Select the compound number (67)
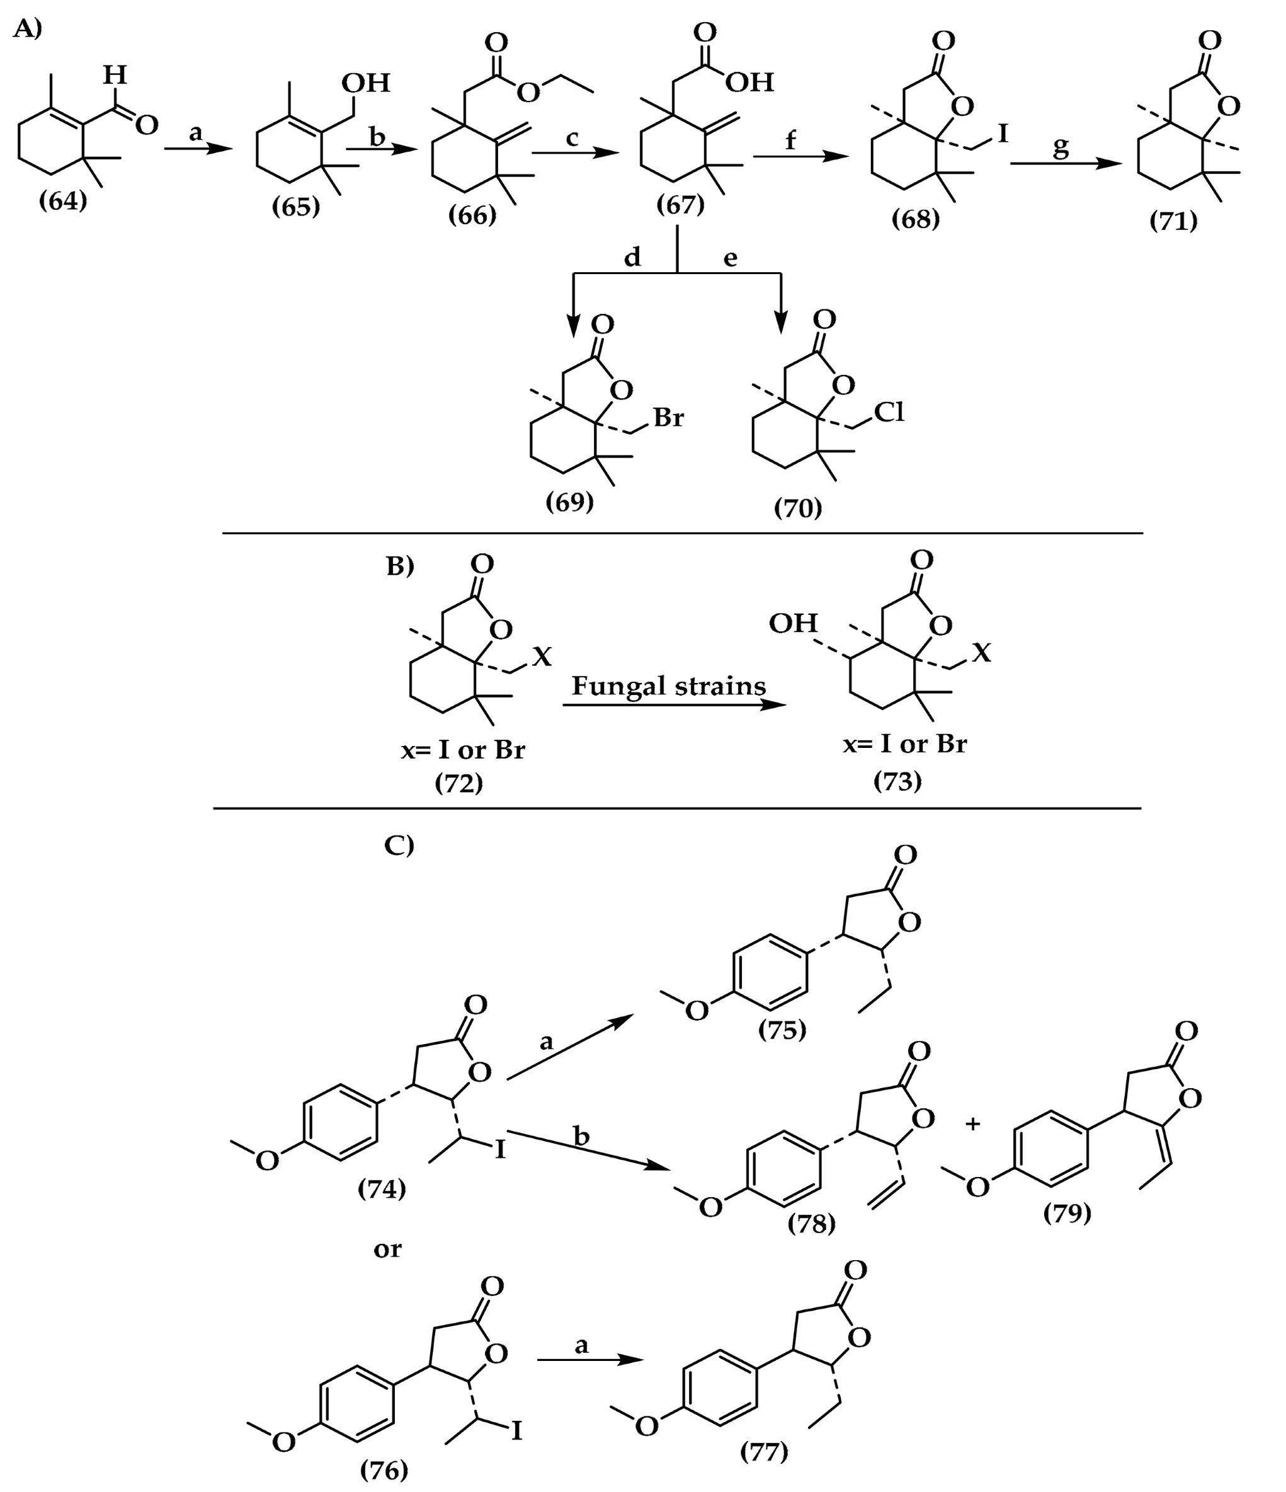[680, 205]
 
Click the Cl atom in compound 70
[889, 412]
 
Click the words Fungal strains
[669, 686]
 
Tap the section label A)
[27, 29]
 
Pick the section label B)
[400, 566]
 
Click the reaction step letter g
[1061, 147]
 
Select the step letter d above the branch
[632, 257]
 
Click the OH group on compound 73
[793, 623]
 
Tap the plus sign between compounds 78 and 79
[973, 1123]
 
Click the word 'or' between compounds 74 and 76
[387, 1249]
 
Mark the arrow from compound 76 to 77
[590, 1360]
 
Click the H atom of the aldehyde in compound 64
[115, 74]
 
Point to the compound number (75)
[782, 1030]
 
